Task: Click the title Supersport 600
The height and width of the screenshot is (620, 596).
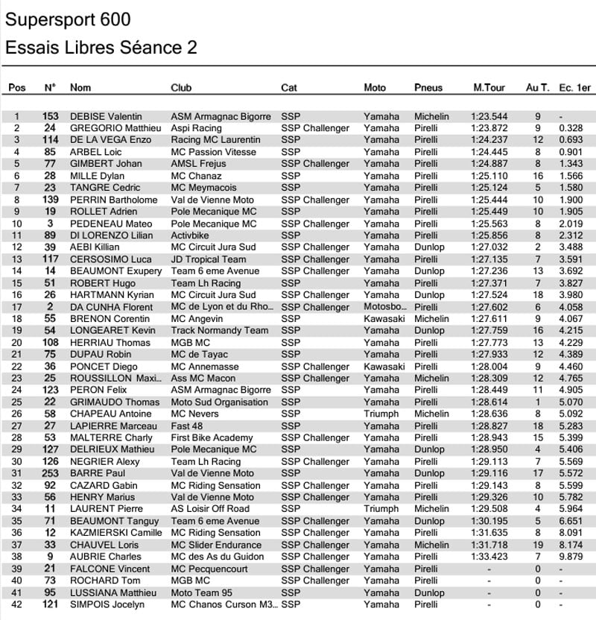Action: tap(69, 19)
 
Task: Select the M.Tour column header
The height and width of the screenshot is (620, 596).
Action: tap(489, 87)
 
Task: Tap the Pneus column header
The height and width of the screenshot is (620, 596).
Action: tap(428, 87)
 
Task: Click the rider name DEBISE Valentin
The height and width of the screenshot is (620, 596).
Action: tap(106, 116)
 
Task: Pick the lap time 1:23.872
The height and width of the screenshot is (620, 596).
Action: tap(489, 128)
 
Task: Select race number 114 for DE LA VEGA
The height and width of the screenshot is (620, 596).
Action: tap(50, 140)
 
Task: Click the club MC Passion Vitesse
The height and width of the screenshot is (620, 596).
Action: tap(215, 152)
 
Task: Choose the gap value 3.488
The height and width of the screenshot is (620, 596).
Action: tap(571, 247)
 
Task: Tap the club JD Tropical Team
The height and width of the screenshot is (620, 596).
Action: tap(208, 259)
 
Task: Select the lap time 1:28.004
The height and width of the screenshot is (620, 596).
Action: tap(489, 367)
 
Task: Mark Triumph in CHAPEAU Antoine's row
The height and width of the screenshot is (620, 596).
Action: tap(381, 414)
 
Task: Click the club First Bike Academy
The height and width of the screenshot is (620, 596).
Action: tap(212, 438)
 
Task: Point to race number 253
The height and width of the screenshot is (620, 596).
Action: tap(50, 473)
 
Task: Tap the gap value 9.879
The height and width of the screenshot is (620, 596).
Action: tap(571, 557)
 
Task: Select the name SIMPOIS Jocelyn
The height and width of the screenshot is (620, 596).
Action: tap(107, 604)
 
